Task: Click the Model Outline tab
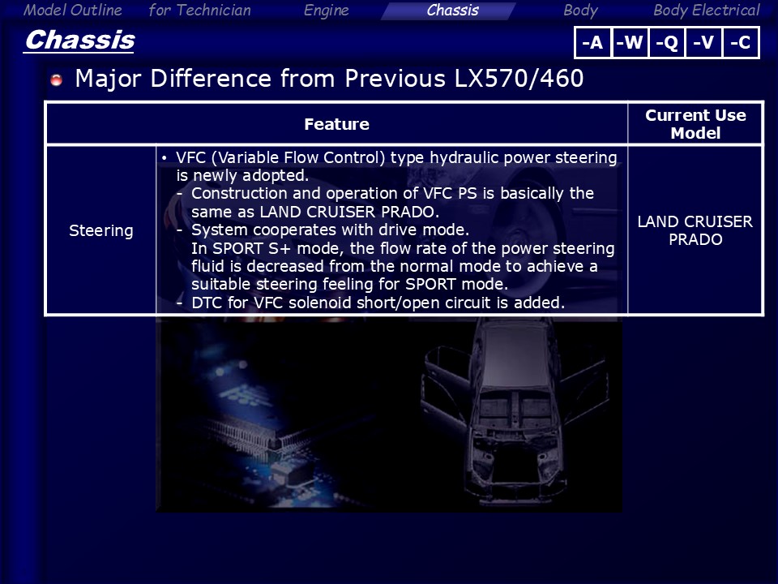click(x=72, y=10)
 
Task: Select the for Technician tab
click(x=200, y=10)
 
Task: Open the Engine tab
click(x=326, y=11)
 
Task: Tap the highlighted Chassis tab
click(x=452, y=11)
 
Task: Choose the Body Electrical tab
click(x=707, y=11)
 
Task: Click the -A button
click(x=592, y=42)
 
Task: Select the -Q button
click(x=667, y=42)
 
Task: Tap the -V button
click(x=703, y=42)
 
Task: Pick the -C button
click(x=740, y=42)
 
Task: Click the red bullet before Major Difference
click(x=57, y=79)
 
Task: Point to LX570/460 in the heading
click(x=519, y=79)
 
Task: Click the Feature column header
click(x=336, y=124)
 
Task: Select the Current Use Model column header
click(x=695, y=124)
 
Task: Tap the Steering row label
click(x=101, y=230)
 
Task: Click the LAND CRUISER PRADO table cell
click(x=695, y=230)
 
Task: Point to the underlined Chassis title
click(x=79, y=41)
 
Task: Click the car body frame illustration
click(x=514, y=412)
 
